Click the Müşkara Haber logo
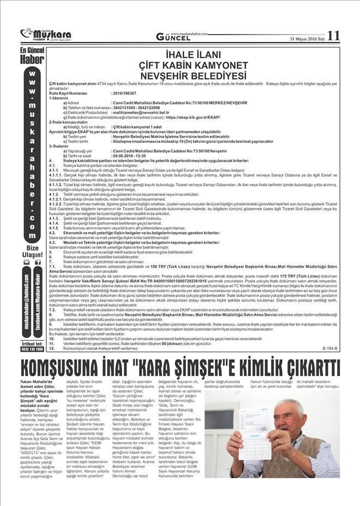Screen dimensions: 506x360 point(40,34)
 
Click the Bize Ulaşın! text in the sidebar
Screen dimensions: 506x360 point(33,251)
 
